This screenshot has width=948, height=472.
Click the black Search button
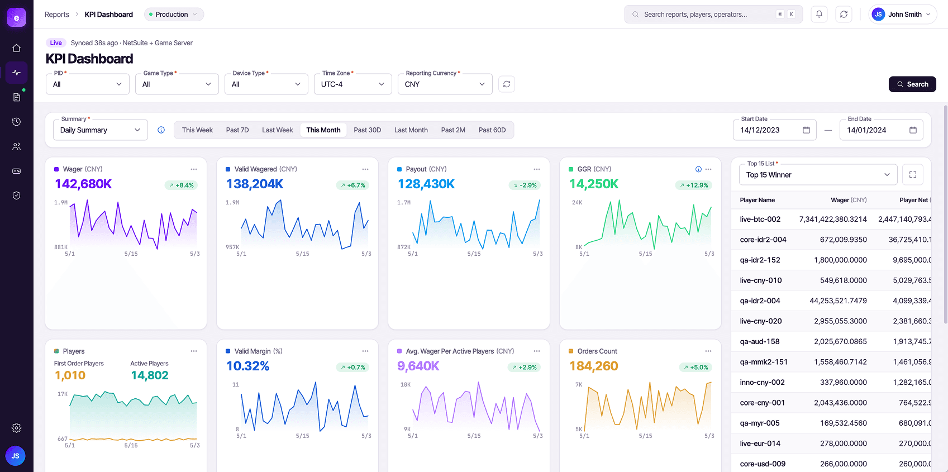(912, 84)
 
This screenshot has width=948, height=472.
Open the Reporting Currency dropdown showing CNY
(445, 84)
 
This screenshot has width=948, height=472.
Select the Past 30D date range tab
(368, 130)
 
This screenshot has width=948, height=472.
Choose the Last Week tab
(277, 130)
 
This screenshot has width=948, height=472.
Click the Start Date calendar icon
(806, 130)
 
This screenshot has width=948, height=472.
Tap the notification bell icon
(819, 15)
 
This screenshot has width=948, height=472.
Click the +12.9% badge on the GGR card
(694, 185)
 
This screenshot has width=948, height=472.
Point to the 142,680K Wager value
(83, 184)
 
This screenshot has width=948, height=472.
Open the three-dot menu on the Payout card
(537, 169)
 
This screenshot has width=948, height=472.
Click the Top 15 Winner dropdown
(818, 175)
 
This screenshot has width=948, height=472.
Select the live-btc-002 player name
(760, 220)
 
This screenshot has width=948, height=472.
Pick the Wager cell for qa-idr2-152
(840, 260)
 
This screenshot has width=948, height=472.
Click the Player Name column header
(757, 200)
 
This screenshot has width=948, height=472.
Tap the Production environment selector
(174, 15)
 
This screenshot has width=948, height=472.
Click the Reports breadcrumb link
(57, 15)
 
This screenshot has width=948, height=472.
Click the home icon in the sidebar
(17, 48)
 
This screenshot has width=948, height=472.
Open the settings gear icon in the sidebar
(17, 428)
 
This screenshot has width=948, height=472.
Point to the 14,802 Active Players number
(149, 375)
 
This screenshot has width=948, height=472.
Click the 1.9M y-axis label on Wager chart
(61, 203)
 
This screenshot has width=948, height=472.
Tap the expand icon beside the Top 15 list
(913, 175)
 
